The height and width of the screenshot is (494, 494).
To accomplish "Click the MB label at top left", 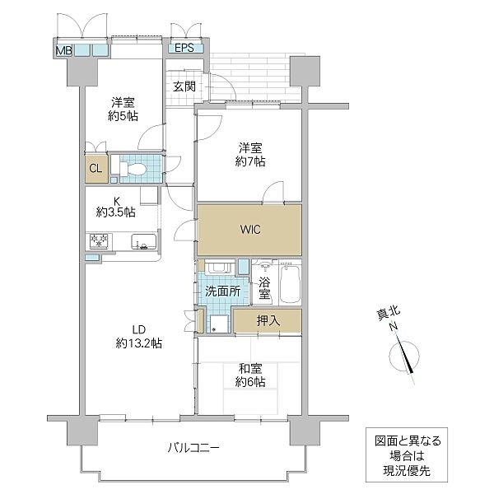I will coord(63,50).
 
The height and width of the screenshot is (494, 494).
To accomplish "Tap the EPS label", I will coord(184,48).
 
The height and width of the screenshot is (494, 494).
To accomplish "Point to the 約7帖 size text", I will coord(251,162).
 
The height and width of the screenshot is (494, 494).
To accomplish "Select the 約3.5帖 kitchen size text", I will coord(114,212).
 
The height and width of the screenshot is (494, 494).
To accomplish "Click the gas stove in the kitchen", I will coord(100,242).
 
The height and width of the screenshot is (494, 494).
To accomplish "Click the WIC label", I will coord(250,229).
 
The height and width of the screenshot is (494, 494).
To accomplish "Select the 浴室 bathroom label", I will coord(263,289).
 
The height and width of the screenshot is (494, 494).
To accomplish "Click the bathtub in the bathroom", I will coord(291,285).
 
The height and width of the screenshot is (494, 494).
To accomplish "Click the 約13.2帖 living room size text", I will coord(138,342).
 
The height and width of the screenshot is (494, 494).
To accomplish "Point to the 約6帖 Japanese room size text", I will coord(251,382).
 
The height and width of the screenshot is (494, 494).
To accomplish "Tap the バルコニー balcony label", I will coord(193,448).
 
